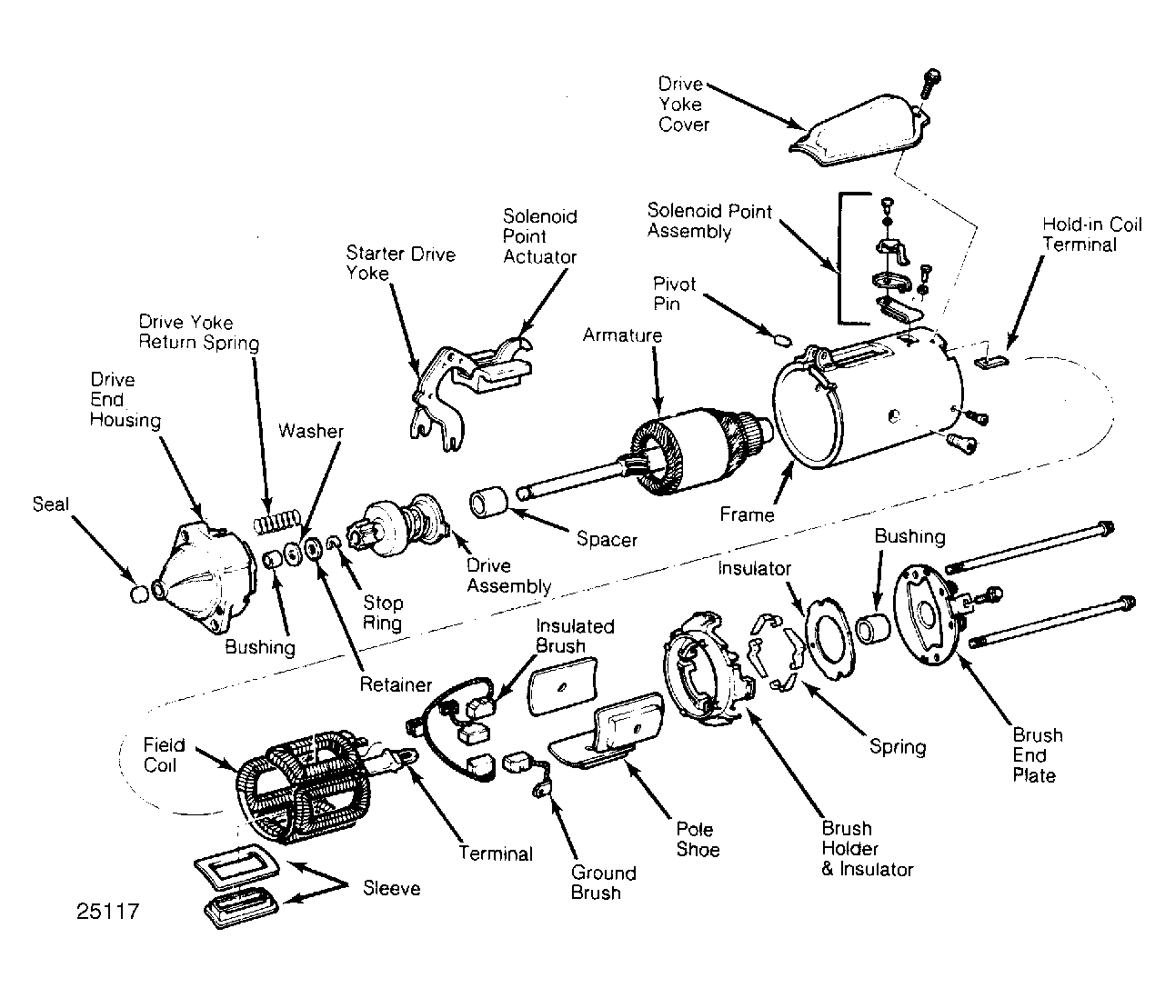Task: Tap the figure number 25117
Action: pos(108,912)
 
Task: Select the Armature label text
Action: pos(622,335)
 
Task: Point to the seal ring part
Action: pos(139,594)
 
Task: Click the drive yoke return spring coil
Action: pos(276,522)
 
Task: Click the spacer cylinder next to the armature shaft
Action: pos(488,502)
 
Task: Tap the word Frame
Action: pos(747,514)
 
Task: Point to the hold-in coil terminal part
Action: pos(992,361)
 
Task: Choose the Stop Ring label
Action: pos(383,613)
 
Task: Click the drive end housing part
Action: pos(206,578)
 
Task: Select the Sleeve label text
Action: pos(392,888)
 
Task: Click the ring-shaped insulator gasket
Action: pos(830,639)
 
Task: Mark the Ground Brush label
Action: pos(603,883)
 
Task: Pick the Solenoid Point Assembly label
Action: pos(709,221)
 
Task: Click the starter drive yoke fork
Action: pos(437,397)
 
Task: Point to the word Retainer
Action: pos(396,684)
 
